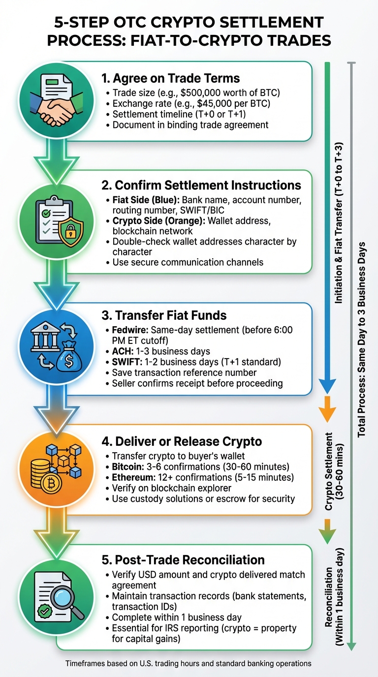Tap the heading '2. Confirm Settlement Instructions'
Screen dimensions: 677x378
click(x=201, y=185)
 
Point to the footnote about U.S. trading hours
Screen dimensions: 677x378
click(x=189, y=663)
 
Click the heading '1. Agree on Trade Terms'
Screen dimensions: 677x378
click(x=170, y=78)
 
